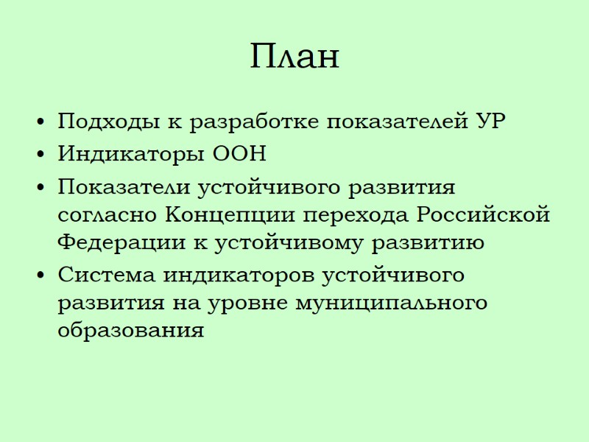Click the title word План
294,56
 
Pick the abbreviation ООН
239,155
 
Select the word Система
106,275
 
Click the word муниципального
391,303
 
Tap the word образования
130,330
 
